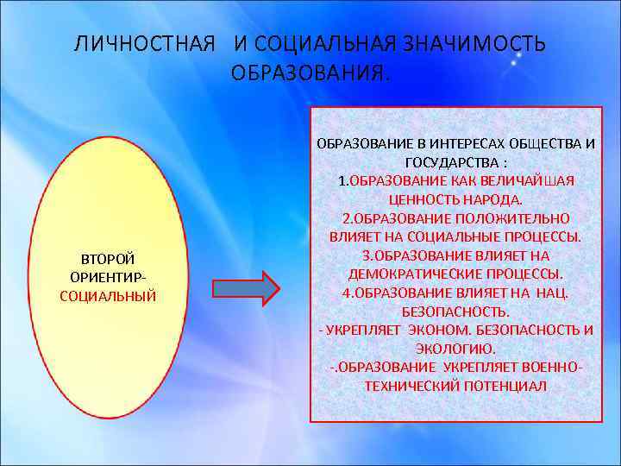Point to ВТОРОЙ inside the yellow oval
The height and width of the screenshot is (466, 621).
click(108, 259)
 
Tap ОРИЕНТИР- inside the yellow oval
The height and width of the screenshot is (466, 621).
click(108, 278)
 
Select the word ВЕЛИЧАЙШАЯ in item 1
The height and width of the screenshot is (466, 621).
click(527, 180)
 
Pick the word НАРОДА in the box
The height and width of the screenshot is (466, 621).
click(485, 198)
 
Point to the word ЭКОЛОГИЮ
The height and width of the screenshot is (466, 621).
click(455, 349)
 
